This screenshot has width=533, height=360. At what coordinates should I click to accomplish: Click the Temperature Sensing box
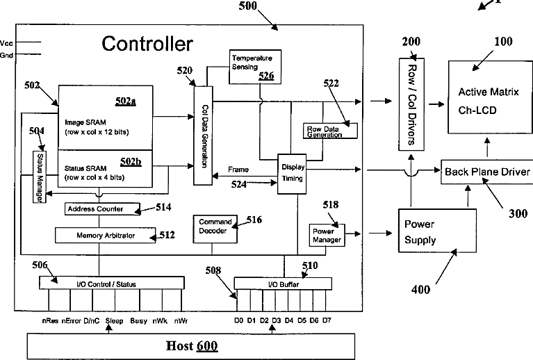(251, 65)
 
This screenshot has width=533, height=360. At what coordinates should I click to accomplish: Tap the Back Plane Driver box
(486, 172)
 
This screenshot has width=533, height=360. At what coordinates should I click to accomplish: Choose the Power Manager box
(325, 236)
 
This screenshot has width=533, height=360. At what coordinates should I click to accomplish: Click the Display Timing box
(293, 173)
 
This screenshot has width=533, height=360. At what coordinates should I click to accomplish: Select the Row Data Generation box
(331, 131)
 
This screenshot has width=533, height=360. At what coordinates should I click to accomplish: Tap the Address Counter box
(102, 208)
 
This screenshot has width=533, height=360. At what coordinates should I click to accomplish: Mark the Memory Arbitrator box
(106, 236)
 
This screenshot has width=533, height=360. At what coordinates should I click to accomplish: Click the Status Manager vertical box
(39, 177)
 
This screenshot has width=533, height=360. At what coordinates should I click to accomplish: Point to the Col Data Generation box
(203, 135)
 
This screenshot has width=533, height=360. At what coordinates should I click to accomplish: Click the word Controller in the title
(147, 44)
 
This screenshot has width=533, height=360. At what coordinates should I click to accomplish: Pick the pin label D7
(327, 321)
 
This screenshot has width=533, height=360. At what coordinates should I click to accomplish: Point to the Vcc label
(7, 42)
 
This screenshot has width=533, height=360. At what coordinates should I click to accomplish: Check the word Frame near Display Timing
(238, 170)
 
